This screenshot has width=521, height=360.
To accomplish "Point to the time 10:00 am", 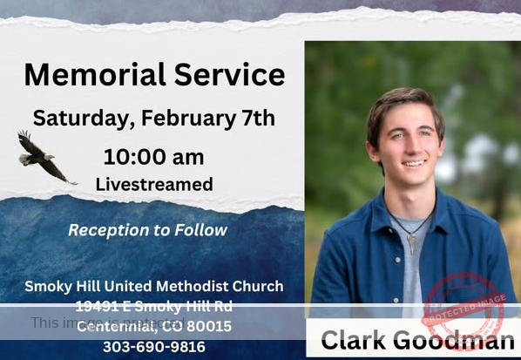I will [x=153, y=158].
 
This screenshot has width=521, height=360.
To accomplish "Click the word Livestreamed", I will [x=153, y=184].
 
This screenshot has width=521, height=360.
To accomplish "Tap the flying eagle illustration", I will [x=44, y=157].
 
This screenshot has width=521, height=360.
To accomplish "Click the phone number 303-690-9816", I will [x=153, y=346].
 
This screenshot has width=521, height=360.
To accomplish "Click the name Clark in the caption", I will [x=354, y=339].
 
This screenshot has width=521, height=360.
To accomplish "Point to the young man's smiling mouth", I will [x=414, y=162].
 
